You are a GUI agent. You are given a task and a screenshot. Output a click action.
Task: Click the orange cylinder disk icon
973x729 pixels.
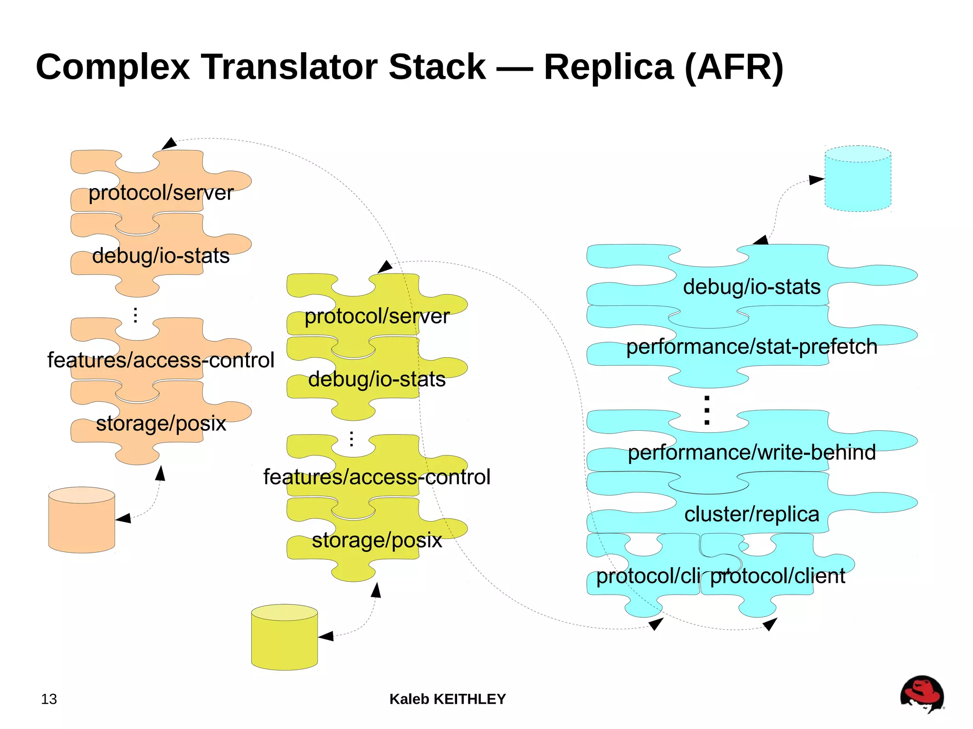(82, 520)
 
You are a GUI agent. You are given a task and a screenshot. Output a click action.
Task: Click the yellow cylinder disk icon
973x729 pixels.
(284, 637)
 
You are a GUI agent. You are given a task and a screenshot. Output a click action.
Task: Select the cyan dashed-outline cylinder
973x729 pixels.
(858, 179)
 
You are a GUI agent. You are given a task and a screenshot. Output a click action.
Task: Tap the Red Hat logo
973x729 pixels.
(922, 694)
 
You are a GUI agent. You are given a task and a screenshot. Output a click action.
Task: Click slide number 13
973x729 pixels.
(49, 699)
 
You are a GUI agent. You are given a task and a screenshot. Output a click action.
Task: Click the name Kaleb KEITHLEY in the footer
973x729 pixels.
(448, 699)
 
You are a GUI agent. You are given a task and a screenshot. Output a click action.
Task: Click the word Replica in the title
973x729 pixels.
(609, 67)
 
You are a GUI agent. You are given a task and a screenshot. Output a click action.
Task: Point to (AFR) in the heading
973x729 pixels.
(734, 67)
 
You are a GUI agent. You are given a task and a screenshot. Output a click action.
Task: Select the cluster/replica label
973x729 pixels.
(752, 514)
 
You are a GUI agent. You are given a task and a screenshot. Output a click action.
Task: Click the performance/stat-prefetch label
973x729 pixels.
(752, 347)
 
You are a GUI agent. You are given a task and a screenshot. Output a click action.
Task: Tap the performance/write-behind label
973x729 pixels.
(752, 453)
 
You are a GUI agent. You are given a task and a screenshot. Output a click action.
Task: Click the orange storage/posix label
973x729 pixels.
(161, 423)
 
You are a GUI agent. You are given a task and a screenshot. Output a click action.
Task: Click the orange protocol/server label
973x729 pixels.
(161, 193)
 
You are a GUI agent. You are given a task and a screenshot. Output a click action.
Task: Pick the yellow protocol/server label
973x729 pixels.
(377, 316)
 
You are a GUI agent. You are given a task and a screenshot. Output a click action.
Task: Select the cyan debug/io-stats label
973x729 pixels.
(752, 287)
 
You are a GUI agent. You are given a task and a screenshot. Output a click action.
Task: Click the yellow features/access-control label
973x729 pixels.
(377, 477)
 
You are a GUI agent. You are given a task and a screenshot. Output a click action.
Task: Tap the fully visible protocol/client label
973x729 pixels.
(777, 576)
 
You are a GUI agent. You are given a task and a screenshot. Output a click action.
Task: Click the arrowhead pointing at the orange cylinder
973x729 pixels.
(124, 518)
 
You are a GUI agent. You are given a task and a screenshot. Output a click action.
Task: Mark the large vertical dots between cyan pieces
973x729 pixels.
(707, 410)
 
